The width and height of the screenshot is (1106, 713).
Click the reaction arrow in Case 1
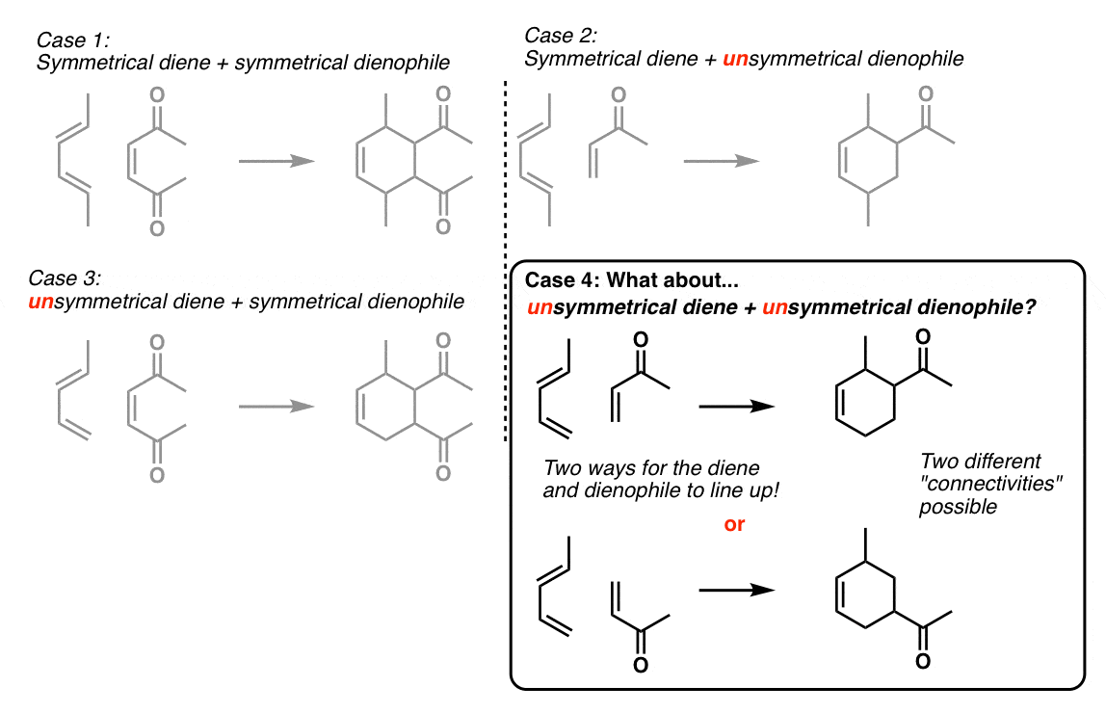276,162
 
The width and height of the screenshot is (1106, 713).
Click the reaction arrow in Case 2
721,162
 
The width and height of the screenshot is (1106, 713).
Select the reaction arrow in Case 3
276,407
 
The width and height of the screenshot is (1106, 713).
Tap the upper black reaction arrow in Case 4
737,407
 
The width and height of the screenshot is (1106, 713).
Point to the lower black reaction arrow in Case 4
737,590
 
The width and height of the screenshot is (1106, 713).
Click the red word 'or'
734,525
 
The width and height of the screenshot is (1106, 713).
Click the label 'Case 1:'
72,40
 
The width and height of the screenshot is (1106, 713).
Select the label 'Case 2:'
560,36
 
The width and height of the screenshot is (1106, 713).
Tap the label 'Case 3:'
65,277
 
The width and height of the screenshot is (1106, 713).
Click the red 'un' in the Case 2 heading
735,59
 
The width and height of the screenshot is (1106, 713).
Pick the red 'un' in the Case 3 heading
40,302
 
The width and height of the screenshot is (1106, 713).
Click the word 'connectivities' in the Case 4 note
991,484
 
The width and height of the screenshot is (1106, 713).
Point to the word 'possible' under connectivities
958,507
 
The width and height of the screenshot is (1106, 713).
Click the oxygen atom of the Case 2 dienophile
619,94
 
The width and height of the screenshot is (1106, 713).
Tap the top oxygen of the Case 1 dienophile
157,94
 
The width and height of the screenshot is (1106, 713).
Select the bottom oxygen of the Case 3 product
443,473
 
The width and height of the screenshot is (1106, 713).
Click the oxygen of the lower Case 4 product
923,661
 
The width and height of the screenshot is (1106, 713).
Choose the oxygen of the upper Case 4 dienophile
641,340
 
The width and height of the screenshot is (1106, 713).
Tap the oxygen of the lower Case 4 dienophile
641,665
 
